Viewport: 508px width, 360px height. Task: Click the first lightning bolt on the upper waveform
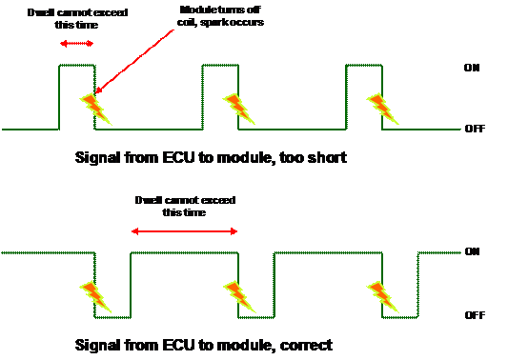coord(95,108)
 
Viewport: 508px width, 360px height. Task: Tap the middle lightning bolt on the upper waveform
coord(239,108)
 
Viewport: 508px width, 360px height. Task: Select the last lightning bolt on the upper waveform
coord(382,108)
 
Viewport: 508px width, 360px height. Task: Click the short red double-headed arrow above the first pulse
coord(77,44)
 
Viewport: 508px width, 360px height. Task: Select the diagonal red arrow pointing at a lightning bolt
coord(135,60)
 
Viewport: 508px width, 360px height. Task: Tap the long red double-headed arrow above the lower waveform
coord(184,231)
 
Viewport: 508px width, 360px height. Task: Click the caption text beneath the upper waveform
coord(210,157)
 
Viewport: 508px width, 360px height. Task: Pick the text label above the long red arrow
coord(184,206)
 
